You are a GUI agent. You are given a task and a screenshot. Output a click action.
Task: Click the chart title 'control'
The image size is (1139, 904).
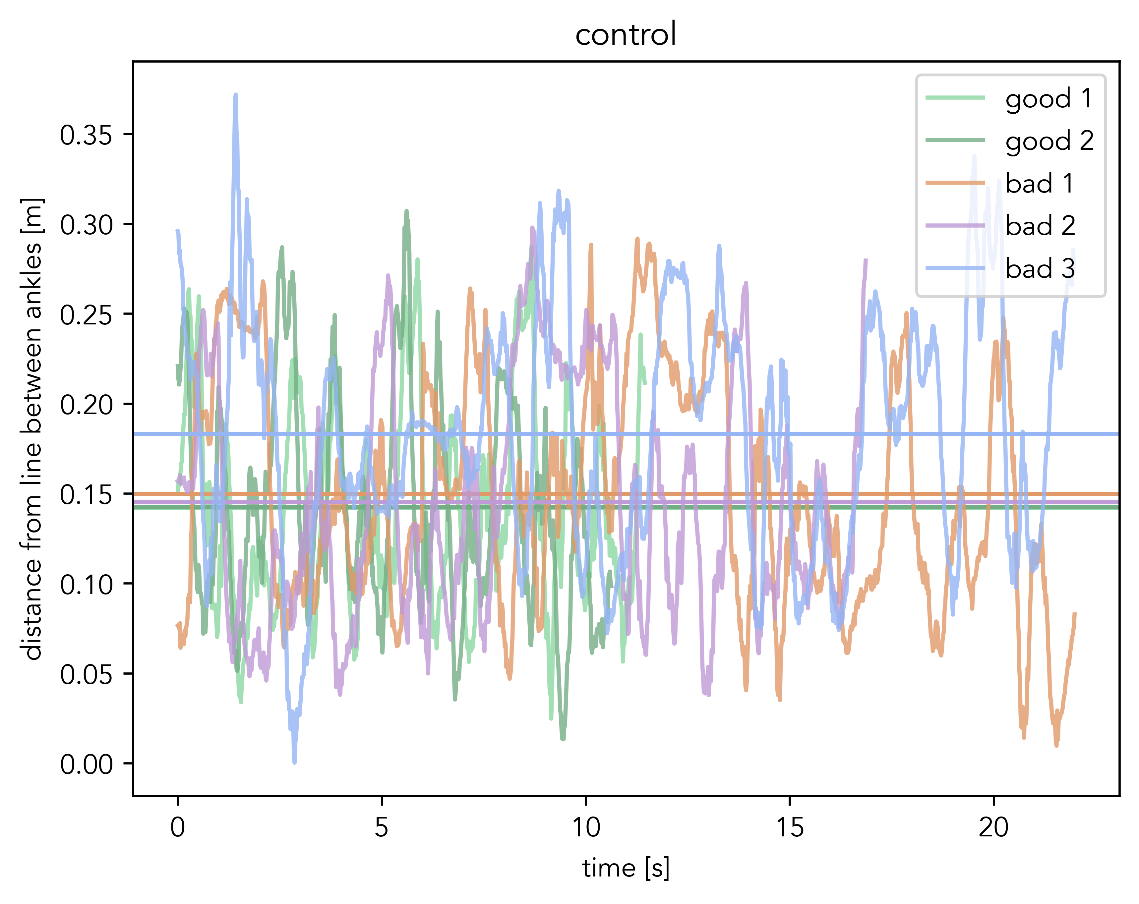(626, 35)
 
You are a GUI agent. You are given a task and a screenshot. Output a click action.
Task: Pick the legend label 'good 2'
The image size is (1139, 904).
(1049, 141)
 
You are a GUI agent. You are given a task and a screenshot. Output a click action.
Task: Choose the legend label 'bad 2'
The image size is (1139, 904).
(1040, 226)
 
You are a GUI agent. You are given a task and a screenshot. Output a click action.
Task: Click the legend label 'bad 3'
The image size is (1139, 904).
(1040, 269)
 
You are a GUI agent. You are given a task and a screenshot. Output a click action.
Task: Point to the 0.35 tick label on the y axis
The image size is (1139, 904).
(86, 135)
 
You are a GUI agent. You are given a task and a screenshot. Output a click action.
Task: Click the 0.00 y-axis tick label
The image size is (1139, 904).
(86, 764)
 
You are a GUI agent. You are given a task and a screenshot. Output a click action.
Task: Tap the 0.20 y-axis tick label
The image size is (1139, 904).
(86, 405)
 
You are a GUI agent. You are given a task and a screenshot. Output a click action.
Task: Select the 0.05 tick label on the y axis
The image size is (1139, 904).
(86, 674)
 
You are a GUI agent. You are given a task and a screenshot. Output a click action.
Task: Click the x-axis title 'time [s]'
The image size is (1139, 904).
(626, 869)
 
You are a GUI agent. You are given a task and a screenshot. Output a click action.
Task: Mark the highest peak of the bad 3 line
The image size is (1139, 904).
(236, 95)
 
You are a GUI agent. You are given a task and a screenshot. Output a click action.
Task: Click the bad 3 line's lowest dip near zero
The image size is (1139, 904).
(294, 762)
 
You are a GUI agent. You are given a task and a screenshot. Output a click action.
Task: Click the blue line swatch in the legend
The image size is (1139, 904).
(955, 268)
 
